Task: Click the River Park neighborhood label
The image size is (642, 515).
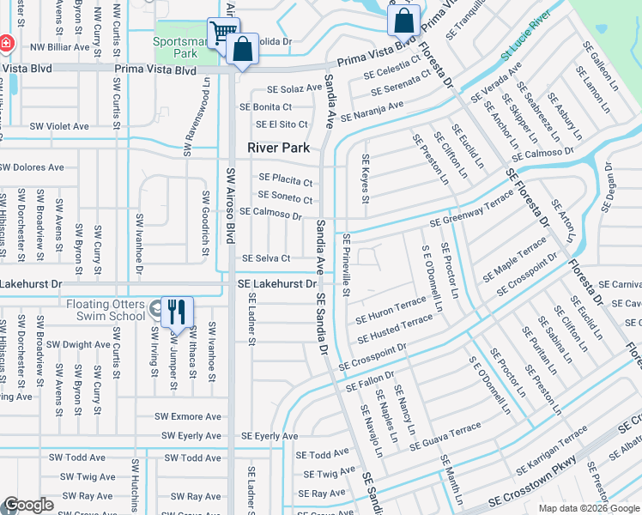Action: (278, 148)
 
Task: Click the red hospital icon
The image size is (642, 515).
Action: (6, 42)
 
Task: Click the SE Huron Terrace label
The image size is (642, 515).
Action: (391, 306)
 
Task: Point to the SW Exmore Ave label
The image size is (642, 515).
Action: (187, 416)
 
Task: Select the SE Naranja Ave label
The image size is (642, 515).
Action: (372, 111)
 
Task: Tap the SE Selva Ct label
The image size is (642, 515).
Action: (266, 258)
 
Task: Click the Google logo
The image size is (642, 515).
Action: (28, 506)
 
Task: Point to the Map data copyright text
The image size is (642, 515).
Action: (589, 508)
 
